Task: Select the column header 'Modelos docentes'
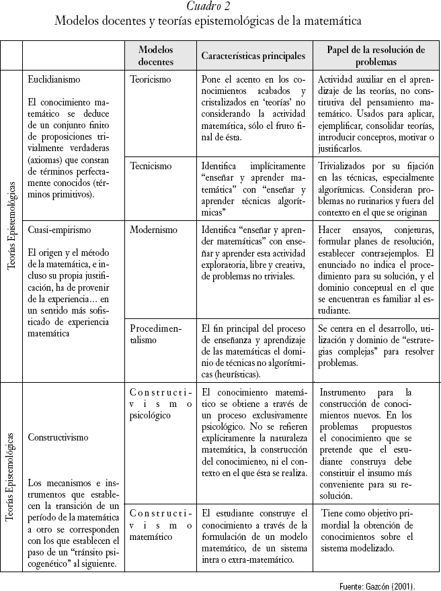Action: pos(155,56)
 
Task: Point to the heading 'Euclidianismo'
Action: pos(54,79)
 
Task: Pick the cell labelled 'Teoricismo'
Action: pos(151,79)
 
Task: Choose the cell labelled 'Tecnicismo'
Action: pos(151,165)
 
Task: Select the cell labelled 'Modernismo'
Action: pos(154,229)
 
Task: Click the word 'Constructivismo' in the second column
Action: pos(58,437)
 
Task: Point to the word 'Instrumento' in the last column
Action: pos(347,392)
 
